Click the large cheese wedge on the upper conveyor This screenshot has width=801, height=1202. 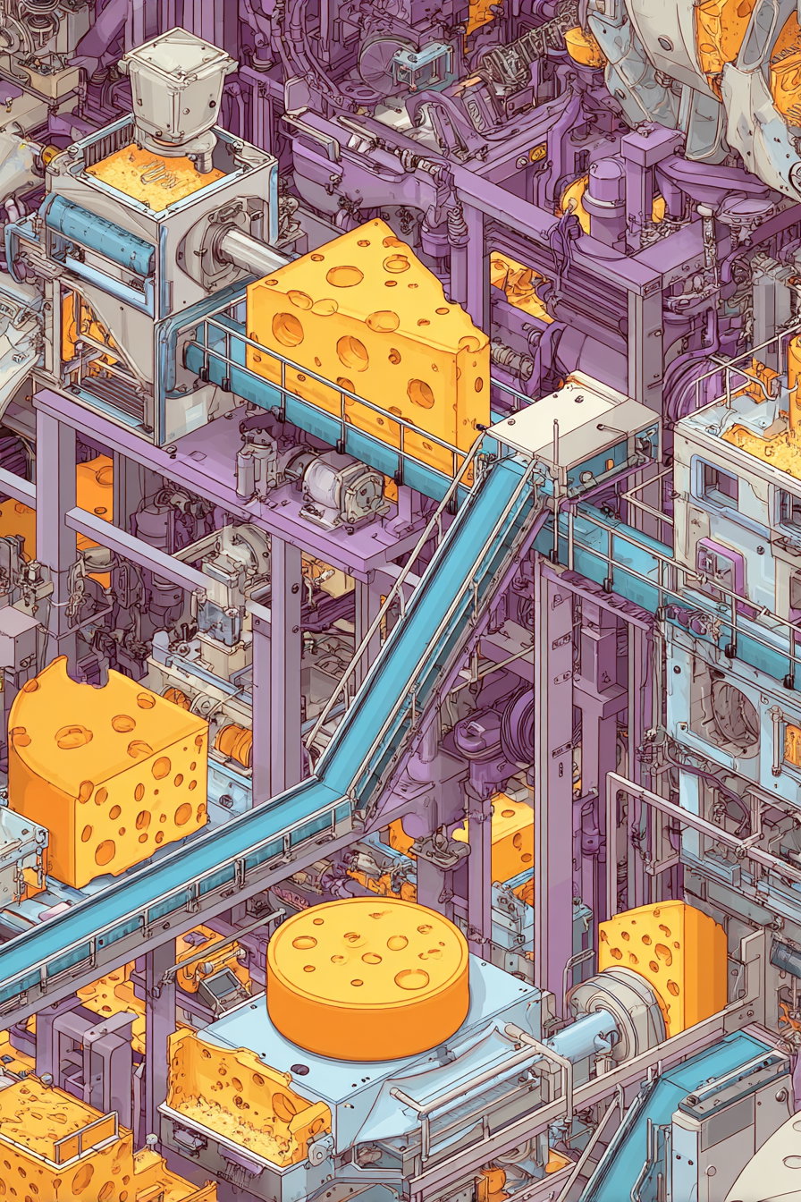pyautogui.click(x=367, y=340)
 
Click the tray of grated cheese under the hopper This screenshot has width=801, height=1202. pyautogui.click(x=152, y=175)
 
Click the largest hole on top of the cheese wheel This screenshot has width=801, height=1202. pyautogui.click(x=412, y=978)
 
